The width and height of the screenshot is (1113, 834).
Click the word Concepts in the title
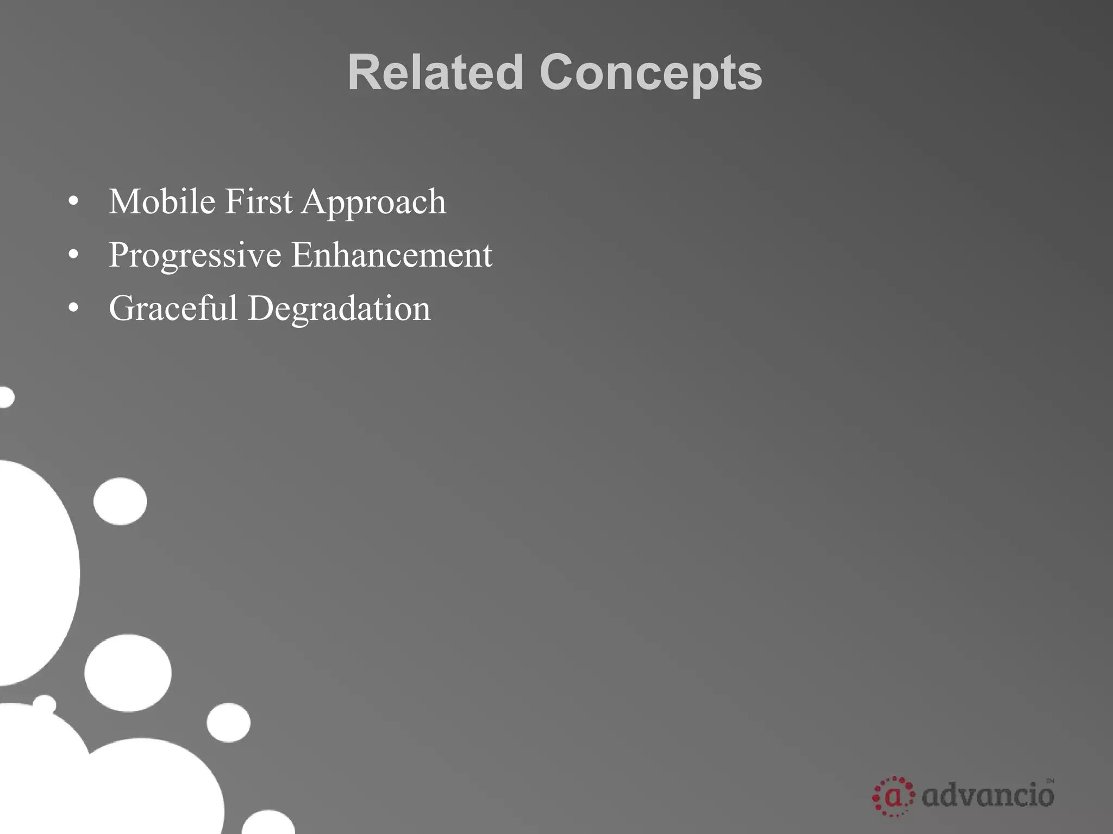click(x=651, y=73)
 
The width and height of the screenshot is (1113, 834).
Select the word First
click(x=258, y=201)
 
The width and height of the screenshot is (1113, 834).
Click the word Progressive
click(x=195, y=255)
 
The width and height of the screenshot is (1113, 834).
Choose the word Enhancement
click(x=392, y=255)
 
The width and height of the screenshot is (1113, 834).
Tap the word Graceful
click(x=173, y=308)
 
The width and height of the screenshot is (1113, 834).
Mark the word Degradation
click(x=339, y=308)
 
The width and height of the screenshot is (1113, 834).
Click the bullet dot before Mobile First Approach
click(x=74, y=203)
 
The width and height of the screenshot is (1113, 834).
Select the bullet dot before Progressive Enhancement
click(x=74, y=256)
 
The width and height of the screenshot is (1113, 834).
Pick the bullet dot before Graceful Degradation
click(x=74, y=309)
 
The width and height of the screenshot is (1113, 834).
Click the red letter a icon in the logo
click(x=893, y=797)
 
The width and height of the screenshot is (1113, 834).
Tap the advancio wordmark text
click(x=988, y=796)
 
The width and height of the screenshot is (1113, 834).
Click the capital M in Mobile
click(x=124, y=201)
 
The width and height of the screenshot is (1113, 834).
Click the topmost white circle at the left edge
click(x=5, y=397)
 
